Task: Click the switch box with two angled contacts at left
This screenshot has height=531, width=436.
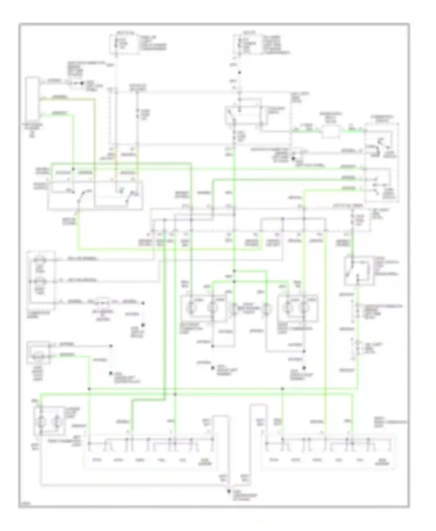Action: [x=95, y=195]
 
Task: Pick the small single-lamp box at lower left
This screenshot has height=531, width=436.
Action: [x=38, y=353]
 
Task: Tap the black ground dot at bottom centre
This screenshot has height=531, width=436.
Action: [x=229, y=491]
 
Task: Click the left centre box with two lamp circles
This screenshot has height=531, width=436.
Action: [x=203, y=308]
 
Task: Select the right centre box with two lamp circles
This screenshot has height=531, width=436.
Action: [x=298, y=308]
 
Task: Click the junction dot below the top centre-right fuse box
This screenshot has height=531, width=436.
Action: [x=240, y=73]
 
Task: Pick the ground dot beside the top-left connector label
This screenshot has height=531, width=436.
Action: [x=82, y=83]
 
